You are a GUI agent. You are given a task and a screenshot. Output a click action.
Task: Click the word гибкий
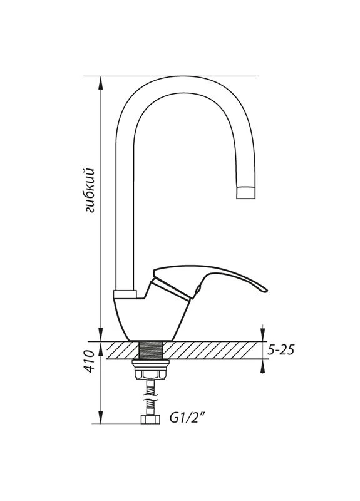pyautogui.click(x=90, y=190)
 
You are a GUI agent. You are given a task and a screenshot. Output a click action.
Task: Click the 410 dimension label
pyautogui.click(x=89, y=361)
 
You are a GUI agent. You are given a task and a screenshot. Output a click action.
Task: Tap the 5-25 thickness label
pyautogui.click(x=280, y=351)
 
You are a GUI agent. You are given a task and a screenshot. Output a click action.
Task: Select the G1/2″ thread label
pyautogui.click(x=187, y=418)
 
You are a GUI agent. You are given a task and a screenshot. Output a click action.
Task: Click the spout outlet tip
pyautogui.click(x=245, y=193)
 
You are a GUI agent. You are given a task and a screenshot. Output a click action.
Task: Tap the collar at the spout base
pyautogui.click(x=125, y=294)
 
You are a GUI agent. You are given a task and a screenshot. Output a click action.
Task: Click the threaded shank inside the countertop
pyautogui.click(x=151, y=350)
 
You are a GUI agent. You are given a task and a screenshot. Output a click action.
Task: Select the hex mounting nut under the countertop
pyautogui.click(x=150, y=374)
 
